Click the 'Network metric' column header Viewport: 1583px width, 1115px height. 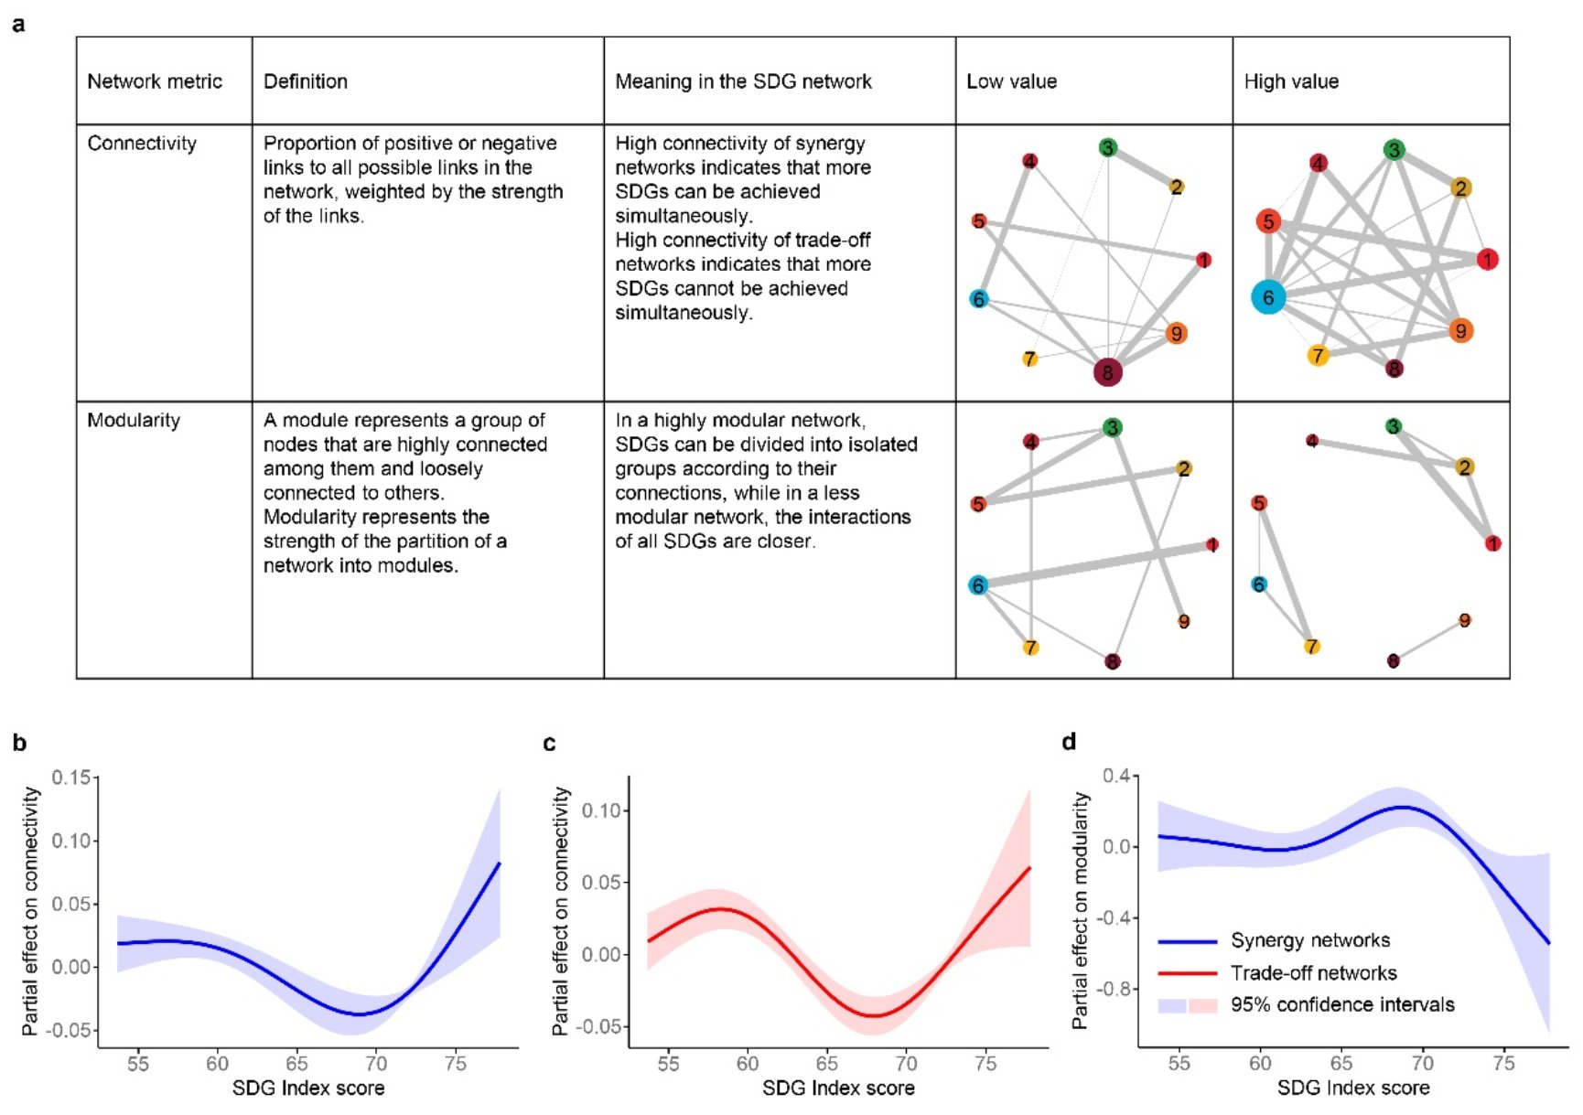155,81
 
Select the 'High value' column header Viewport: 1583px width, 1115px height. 1290,81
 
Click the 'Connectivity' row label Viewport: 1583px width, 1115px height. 142,144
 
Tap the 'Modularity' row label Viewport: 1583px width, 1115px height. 134,421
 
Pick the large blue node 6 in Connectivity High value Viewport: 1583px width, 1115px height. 1268,297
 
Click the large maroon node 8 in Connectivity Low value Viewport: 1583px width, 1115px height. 1107,372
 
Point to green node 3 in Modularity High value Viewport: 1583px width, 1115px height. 1393,427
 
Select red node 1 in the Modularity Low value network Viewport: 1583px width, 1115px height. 1211,545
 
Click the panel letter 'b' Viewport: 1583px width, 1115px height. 19,743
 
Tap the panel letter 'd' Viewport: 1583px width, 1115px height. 1069,742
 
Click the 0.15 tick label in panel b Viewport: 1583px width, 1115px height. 70,777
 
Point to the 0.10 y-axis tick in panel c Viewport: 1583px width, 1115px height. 601,810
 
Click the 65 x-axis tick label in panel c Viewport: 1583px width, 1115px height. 826,1064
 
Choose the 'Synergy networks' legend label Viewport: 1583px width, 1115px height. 1309,940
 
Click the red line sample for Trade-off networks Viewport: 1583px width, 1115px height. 1187,973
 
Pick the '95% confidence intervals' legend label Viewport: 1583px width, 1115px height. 1341,1005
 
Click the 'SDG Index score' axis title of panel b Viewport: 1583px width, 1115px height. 308,1088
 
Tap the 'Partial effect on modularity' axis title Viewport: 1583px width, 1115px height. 1081,911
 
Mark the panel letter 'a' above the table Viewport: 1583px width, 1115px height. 18,25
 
